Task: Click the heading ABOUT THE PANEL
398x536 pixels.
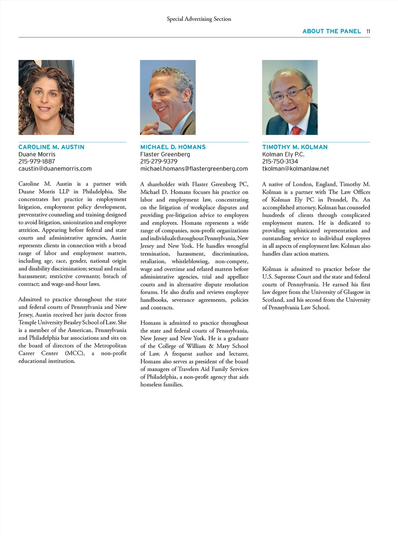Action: tap(331, 31)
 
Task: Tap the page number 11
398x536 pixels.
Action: tap(368, 31)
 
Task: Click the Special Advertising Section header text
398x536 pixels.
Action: tap(199, 19)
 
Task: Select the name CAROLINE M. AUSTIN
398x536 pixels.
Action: tap(51, 147)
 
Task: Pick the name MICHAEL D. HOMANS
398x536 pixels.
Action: tap(173, 147)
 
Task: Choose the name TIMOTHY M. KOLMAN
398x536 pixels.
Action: tap(295, 147)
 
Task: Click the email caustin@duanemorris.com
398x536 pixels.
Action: tap(55, 168)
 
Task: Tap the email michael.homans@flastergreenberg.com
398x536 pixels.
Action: tap(194, 168)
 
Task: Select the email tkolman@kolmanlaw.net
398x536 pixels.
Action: tap(296, 168)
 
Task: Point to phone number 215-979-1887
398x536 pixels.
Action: tap(36, 161)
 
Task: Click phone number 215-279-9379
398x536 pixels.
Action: tap(159, 161)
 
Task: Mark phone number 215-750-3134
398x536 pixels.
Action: tap(280, 161)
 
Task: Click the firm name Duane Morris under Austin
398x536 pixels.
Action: tap(37, 154)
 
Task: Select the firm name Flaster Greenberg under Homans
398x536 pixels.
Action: tap(165, 154)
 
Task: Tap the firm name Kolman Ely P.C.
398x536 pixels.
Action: tap(283, 154)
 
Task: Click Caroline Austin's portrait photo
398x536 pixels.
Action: tap(46, 97)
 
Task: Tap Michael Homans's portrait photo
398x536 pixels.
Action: tap(168, 97)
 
